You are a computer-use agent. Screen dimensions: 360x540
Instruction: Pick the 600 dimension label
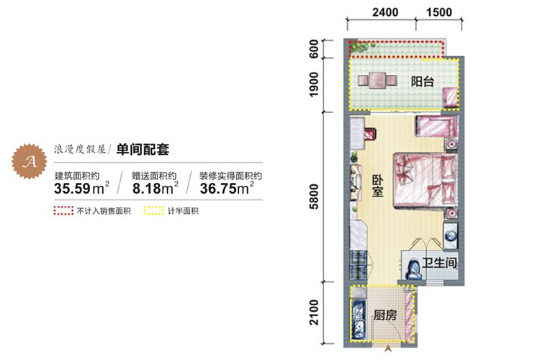tap(315, 48)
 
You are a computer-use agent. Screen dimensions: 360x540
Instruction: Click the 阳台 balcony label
tap(423, 82)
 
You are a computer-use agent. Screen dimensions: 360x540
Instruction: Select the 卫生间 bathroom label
tap(440, 264)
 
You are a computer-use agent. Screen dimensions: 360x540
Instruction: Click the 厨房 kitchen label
tap(385, 315)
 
